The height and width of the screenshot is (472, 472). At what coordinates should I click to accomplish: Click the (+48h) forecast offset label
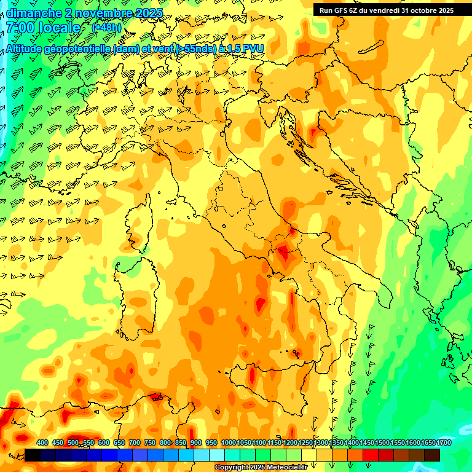[106, 28]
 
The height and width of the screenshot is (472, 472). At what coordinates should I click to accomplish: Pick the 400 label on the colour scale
[42, 443]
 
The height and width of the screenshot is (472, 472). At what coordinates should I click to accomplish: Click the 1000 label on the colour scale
[228, 443]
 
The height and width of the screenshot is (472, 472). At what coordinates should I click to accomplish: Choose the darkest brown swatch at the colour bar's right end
[432, 455]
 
